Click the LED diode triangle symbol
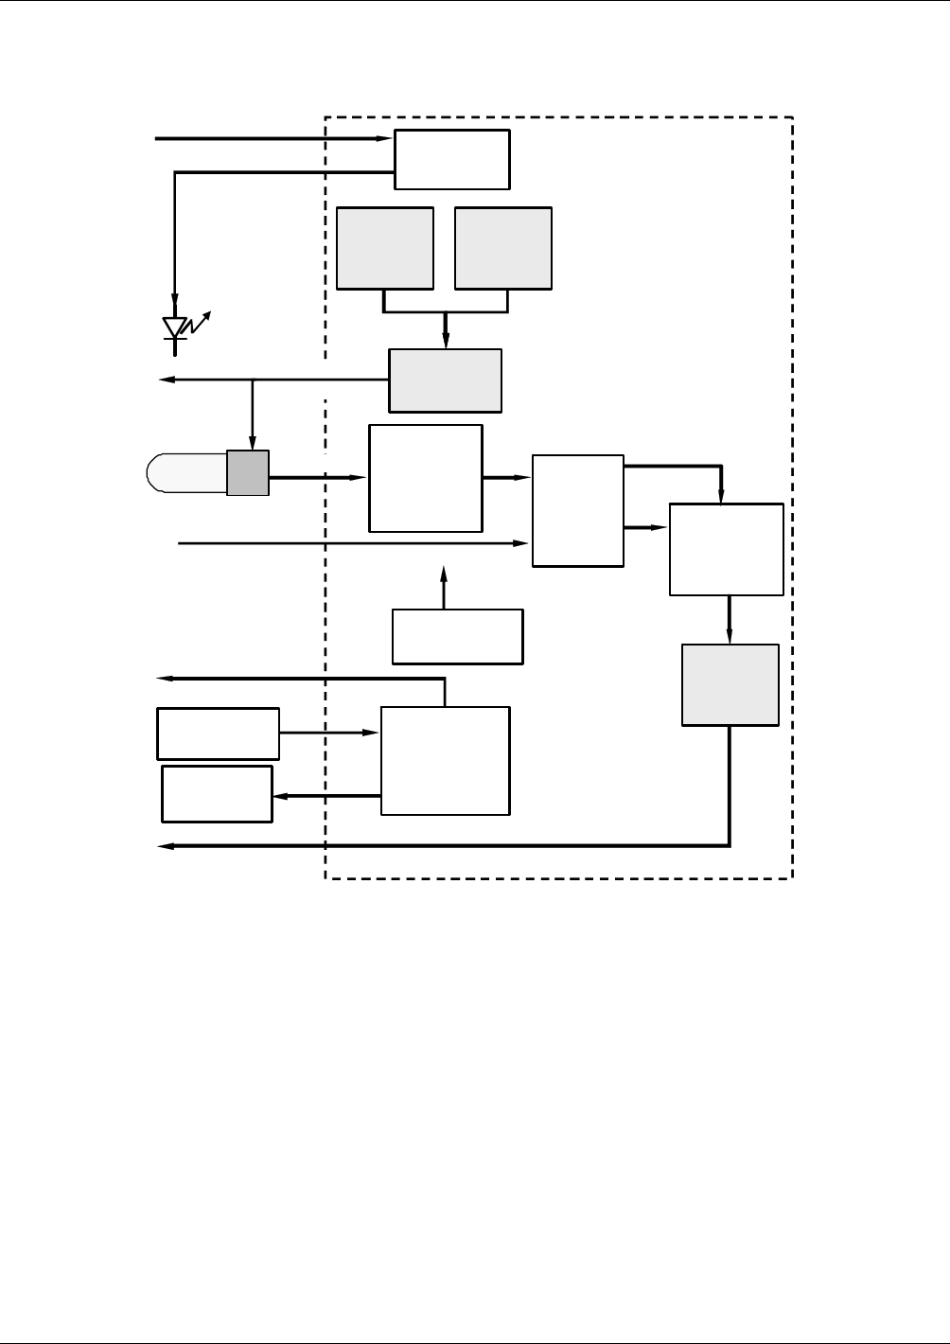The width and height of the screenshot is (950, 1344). click(x=174, y=327)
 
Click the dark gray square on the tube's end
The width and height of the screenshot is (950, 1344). click(x=248, y=472)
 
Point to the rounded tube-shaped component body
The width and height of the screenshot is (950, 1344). click(x=187, y=472)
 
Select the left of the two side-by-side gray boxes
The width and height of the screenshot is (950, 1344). click(x=385, y=248)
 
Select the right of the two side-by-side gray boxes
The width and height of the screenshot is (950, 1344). click(x=503, y=248)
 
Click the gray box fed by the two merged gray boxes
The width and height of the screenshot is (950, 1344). click(x=446, y=380)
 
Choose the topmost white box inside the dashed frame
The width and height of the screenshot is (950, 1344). click(x=452, y=160)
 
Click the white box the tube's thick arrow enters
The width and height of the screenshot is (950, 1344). click(x=426, y=478)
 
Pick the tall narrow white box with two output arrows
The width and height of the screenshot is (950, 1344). click(x=578, y=511)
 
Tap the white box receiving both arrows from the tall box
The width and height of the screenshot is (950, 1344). click(x=727, y=549)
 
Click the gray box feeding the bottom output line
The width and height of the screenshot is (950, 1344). click(x=730, y=685)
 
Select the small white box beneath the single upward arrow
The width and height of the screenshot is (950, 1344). click(x=458, y=636)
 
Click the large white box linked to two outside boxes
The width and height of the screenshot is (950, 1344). click(x=445, y=760)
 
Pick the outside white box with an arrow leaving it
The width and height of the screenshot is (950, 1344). click(x=219, y=733)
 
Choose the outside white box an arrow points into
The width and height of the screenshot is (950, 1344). click(x=218, y=794)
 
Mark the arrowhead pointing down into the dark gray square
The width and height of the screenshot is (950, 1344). click(x=252, y=443)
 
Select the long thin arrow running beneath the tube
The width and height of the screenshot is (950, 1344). click(x=350, y=543)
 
